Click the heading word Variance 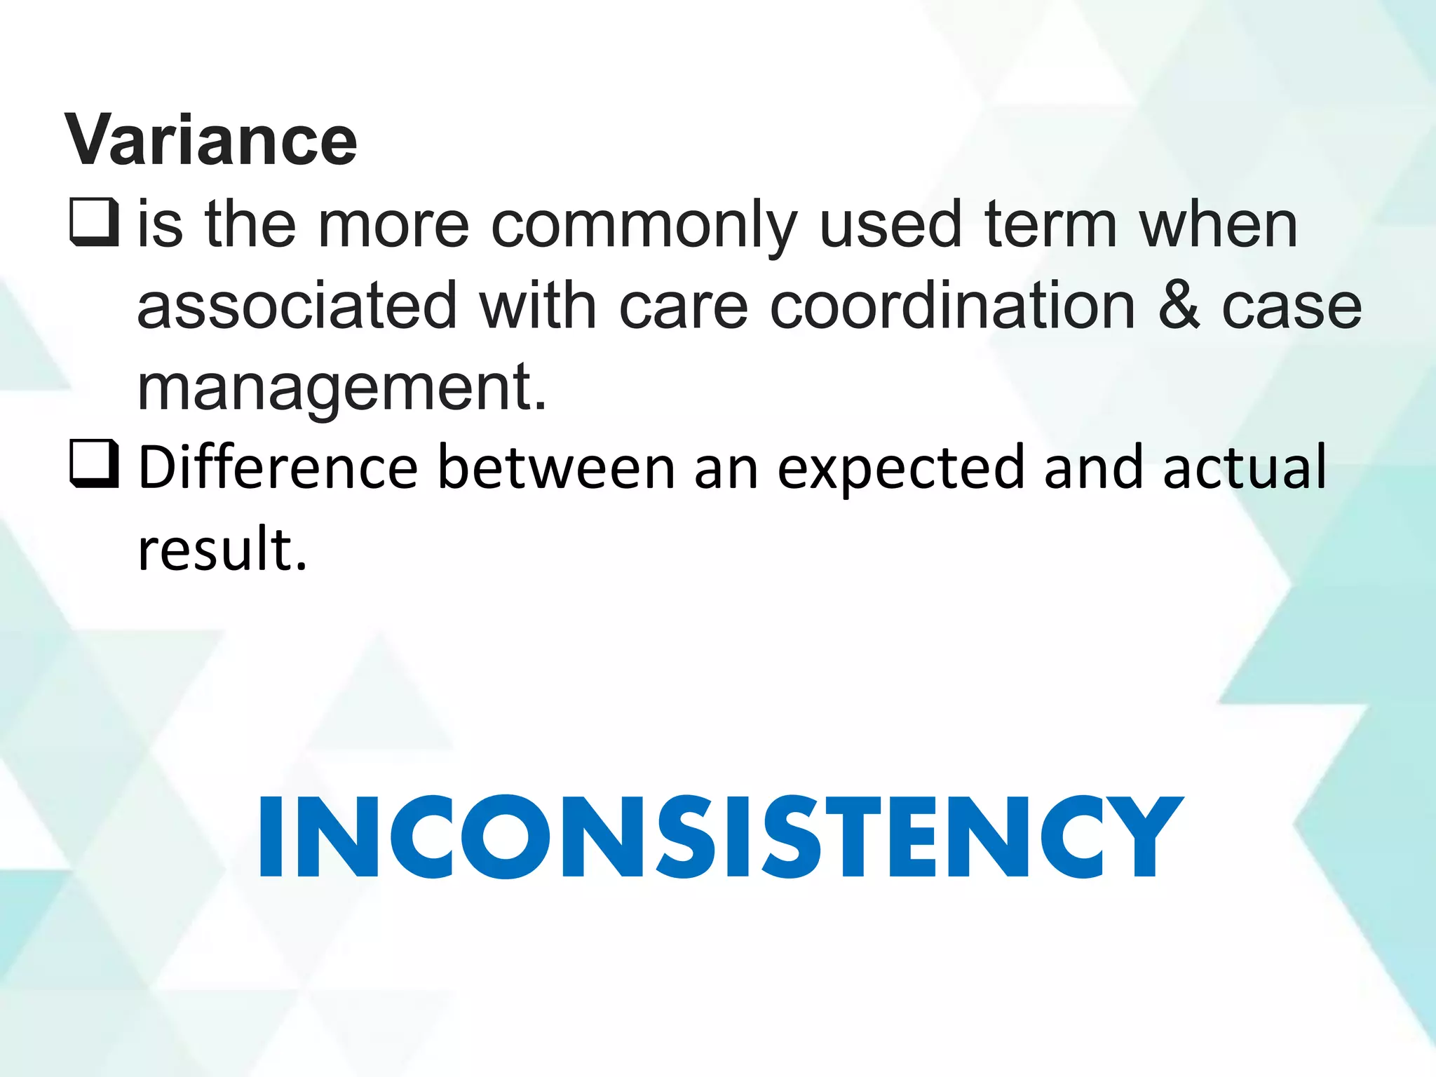211,140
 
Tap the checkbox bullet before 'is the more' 94,222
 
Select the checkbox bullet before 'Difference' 94,463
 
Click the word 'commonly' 644,226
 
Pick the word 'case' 1291,306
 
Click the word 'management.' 341,388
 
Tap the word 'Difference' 278,466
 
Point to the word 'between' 556,466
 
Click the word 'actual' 1245,466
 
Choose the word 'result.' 222,548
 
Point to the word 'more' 393,226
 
